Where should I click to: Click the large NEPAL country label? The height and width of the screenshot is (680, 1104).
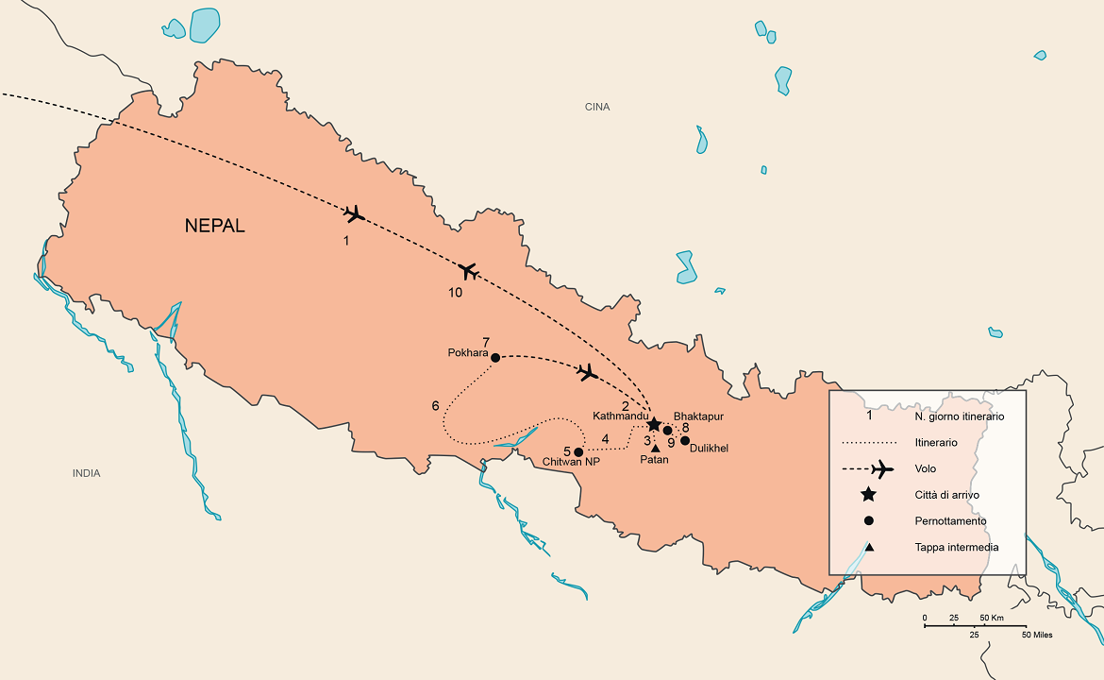[x=214, y=226]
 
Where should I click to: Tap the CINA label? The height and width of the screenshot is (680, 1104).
[x=597, y=107]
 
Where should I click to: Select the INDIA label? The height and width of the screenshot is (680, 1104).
[x=86, y=473]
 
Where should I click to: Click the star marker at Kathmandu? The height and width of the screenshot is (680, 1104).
[x=654, y=425]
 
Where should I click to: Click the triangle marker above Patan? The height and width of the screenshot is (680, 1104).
[x=656, y=448]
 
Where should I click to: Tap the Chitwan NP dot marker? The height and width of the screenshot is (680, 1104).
[x=578, y=451]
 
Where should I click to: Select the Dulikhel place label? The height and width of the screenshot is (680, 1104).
[x=709, y=449]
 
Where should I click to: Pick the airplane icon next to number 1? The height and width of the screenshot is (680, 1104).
[x=354, y=214]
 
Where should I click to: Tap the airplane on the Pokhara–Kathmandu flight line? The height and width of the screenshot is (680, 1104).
[x=587, y=372]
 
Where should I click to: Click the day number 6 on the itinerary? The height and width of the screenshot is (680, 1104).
[x=435, y=405]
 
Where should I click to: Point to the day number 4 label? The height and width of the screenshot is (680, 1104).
[x=605, y=438]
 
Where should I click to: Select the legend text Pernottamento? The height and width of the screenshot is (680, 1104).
[x=950, y=520]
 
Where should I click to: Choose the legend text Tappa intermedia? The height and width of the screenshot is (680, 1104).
[x=956, y=547]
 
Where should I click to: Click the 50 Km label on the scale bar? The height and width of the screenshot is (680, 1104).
[x=990, y=618]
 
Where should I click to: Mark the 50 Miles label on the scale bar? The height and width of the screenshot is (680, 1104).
[x=1037, y=635]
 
